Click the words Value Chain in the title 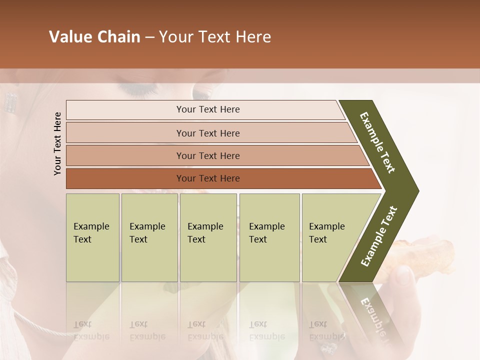click(x=94, y=37)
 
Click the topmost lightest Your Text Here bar click(x=207, y=109)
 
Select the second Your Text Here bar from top click(x=207, y=133)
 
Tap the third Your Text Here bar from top click(x=207, y=155)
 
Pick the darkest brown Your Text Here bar click(x=207, y=178)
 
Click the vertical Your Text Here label click(x=57, y=143)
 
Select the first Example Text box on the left click(x=92, y=237)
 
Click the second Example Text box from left click(x=149, y=237)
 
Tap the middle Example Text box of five click(x=208, y=237)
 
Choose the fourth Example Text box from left click(x=269, y=237)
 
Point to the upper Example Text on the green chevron click(x=377, y=142)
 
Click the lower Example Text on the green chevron click(x=379, y=236)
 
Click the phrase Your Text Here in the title click(x=215, y=37)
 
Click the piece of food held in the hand click(x=425, y=250)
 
